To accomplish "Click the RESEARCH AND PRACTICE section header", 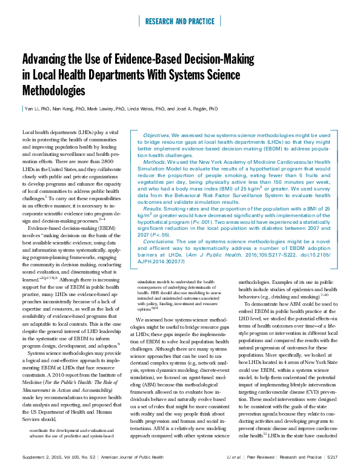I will click(x=180, y=21).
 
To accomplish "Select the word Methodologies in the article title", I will click(x=54, y=91).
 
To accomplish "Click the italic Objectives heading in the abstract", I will click(x=159, y=134).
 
